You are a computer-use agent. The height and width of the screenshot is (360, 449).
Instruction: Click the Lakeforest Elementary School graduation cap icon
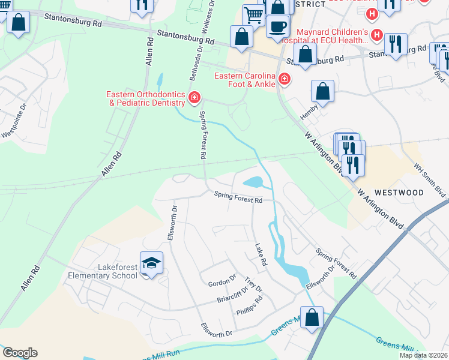(x=151, y=263)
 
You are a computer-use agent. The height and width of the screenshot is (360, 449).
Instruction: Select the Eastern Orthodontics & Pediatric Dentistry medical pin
(x=194, y=98)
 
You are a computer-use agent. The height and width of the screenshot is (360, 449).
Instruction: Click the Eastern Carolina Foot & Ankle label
(x=244, y=80)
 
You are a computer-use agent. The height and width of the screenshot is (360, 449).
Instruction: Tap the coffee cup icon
(x=278, y=26)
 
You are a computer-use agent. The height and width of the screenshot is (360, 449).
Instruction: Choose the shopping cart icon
(x=253, y=16)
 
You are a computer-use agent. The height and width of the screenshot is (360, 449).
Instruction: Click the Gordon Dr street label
(x=221, y=283)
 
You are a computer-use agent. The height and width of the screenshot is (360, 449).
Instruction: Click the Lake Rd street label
(x=260, y=255)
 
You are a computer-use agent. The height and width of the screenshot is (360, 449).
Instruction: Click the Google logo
(x=20, y=353)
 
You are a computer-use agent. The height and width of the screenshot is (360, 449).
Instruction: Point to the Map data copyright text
(x=423, y=355)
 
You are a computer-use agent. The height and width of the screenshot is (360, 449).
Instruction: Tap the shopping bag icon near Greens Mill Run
(x=312, y=317)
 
